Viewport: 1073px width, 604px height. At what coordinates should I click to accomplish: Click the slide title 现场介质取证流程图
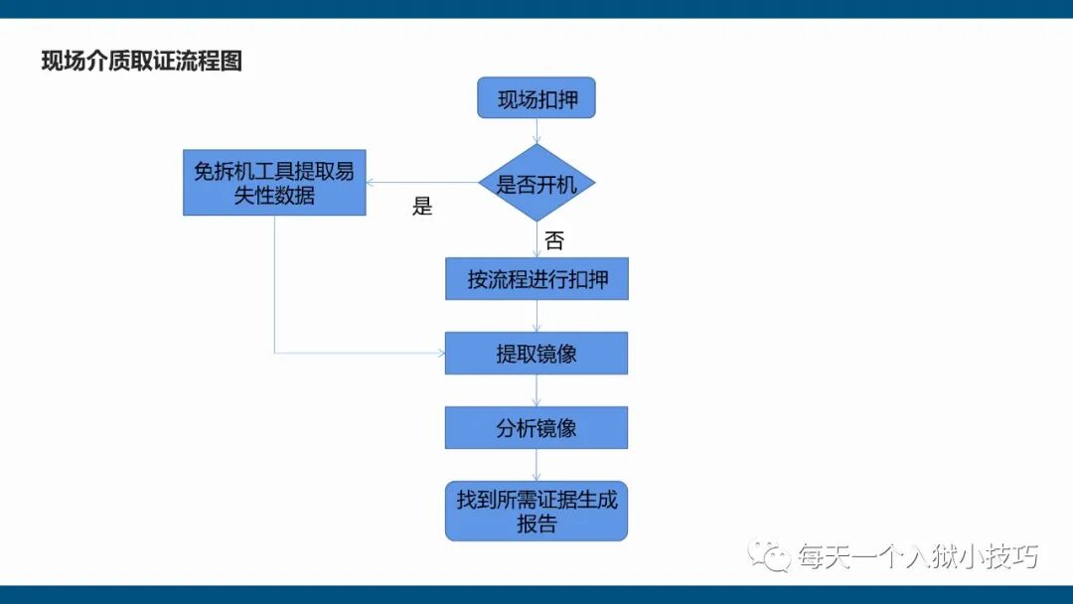click(x=141, y=62)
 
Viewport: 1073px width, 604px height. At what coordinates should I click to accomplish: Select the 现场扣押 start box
click(x=536, y=98)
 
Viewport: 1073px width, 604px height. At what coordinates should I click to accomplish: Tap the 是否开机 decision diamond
click(x=536, y=183)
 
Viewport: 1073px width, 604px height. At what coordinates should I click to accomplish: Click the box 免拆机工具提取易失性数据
click(x=274, y=183)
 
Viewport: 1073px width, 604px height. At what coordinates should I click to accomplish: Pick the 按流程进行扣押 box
click(x=536, y=279)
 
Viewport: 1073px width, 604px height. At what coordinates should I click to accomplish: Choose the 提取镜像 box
click(x=536, y=353)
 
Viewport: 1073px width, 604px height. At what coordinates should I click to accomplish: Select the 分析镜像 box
click(x=536, y=428)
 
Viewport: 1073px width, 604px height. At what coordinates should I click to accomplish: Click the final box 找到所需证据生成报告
click(x=536, y=512)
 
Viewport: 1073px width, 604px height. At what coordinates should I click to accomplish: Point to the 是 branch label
click(x=422, y=208)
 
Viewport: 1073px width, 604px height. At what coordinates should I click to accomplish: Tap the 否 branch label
click(x=553, y=240)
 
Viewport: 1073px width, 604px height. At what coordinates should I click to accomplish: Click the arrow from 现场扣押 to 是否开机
click(x=536, y=131)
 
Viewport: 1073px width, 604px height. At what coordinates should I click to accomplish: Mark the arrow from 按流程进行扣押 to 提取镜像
click(x=536, y=316)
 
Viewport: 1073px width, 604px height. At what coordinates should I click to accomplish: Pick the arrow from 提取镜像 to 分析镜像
click(x=536, y=390)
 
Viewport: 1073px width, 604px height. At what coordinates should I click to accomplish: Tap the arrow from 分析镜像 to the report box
click(x=536, y=466)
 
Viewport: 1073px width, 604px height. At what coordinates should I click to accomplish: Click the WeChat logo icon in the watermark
click(x=770, y=555)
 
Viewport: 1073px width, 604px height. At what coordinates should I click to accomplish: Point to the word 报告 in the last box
click(x=536, y=525)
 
